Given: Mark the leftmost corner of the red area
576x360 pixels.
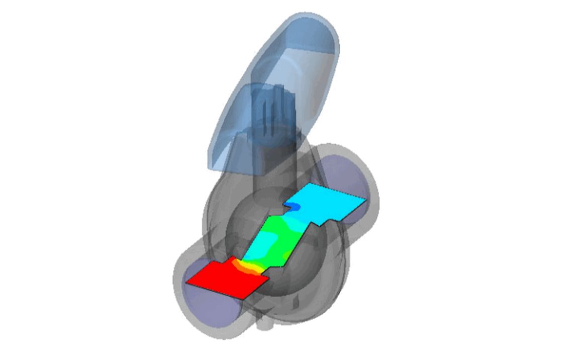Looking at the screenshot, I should [186, 283].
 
